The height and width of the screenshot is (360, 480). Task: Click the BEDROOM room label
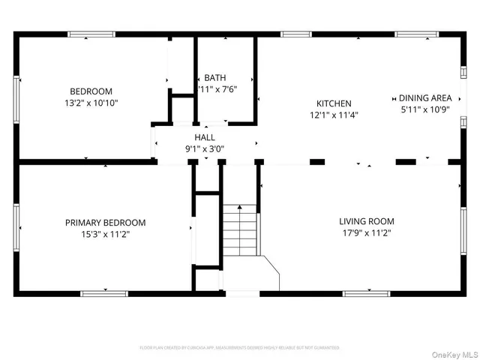pyautogui.click(x=91, y=91)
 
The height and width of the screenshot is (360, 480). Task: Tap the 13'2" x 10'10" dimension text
pyautogui.click(x=91, y=103)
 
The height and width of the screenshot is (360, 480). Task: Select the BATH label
pyautogui.click(x=215, y=78)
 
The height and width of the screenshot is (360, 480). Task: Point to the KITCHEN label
pyautogui.click(x=334, y=103)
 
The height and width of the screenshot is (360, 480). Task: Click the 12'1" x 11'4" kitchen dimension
pyautogui.click(x=334, y=115)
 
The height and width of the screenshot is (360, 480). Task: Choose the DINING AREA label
pyautogui.click(x=424, y=97)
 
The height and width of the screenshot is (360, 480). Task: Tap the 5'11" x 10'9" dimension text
pyautogui.click(x=424, y=109)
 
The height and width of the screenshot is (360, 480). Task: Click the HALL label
pyautogui.click(x=205, y=137)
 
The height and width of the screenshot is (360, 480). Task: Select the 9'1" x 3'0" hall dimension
pyautogui.click(x=205, y=148)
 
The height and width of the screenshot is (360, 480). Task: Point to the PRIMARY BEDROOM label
pyautogui.click(x=105, y=223)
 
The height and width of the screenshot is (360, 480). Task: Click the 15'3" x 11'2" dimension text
pyautogui.click(x=105, y=234)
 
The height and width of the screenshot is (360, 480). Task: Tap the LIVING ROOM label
pyautogui.click(x=366, y=221)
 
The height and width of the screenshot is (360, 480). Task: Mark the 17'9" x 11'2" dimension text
pyautogui.click(x=366, y=233)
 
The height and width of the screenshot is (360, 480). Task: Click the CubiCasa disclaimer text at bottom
pyautogui.click(x=240, y=348)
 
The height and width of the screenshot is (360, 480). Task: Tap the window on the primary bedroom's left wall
pyautogui.click(x=16, y=222)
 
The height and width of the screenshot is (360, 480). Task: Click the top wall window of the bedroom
pyautogui.click(x=91, y=34)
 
